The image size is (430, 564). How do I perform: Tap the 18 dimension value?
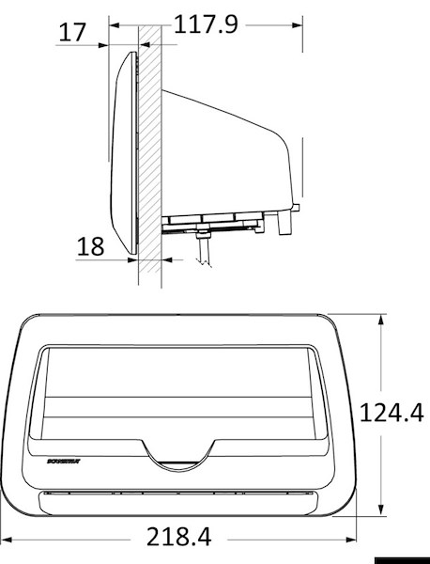90,247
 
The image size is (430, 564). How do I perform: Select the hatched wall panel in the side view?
148,150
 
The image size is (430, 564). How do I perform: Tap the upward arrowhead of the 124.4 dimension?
379,321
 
